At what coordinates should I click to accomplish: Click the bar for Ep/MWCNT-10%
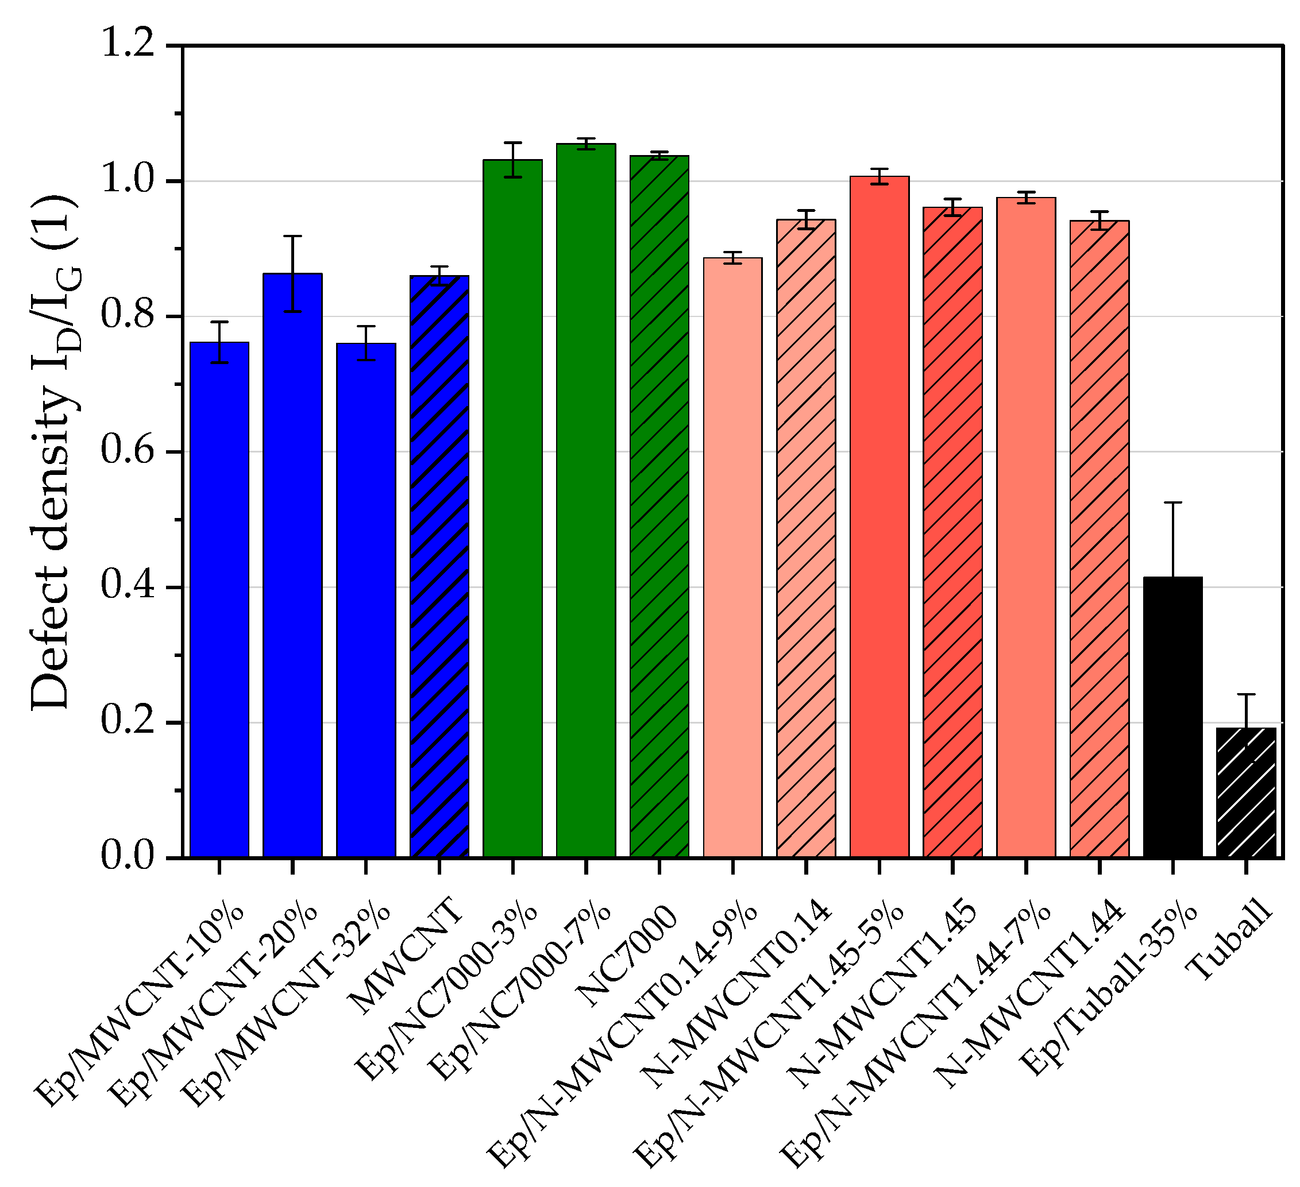coord(219,600)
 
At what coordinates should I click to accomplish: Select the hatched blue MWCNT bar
coord(439,567)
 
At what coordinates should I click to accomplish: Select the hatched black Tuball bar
coord(1246,792)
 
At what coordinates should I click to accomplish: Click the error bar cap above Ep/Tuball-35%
coord(1172,502)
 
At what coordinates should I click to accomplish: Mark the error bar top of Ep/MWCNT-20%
coord(293,237)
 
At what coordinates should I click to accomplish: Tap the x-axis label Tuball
coord(1230,942)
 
